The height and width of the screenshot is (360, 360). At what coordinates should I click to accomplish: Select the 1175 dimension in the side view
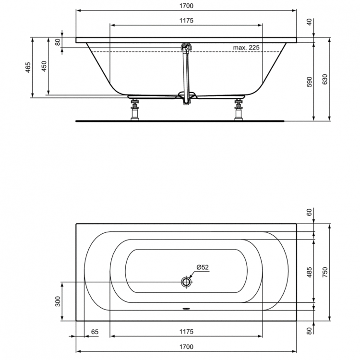(x=186, y=20)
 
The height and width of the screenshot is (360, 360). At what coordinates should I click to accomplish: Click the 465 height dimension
(x=28, y=67)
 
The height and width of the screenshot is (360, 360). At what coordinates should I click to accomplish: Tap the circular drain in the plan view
(x=186, y=282)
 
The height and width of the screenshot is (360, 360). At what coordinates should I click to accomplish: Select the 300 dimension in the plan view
(x=58, y=301)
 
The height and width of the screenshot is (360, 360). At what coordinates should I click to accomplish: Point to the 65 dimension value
(x=95, y=332)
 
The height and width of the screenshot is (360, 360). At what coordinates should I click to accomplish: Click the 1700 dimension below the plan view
(x=186, y=347)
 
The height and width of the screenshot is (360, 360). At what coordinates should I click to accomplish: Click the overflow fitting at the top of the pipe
(x=185, y=47)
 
